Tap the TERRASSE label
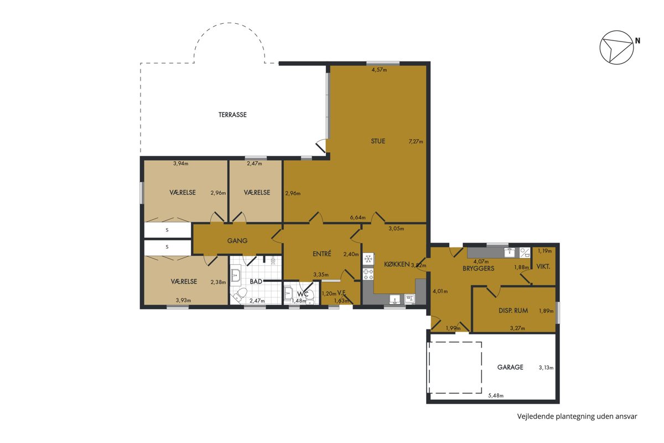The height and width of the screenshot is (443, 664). point(232,115)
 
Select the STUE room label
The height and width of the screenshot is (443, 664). point(378,141)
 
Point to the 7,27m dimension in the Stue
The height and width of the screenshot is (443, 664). point(416,142)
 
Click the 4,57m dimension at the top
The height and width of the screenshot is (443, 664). point(379,70)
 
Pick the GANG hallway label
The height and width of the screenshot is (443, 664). point(237,241)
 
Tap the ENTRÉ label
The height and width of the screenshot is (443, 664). point(321,254)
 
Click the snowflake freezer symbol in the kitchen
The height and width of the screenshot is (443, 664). point(368,259)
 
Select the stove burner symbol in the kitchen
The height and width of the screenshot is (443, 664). point(368,274)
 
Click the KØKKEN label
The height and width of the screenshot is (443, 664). point(397,264)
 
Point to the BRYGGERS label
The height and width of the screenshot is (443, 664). point(478,269)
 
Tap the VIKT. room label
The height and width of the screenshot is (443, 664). point(543,267)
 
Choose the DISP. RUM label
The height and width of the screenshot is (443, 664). point(513,311)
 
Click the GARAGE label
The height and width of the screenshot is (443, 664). point(510,367)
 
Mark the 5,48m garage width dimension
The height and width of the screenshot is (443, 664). point(496,395)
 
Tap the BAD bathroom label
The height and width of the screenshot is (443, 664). point(256,281)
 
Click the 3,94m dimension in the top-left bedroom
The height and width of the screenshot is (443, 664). point(181,163)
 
